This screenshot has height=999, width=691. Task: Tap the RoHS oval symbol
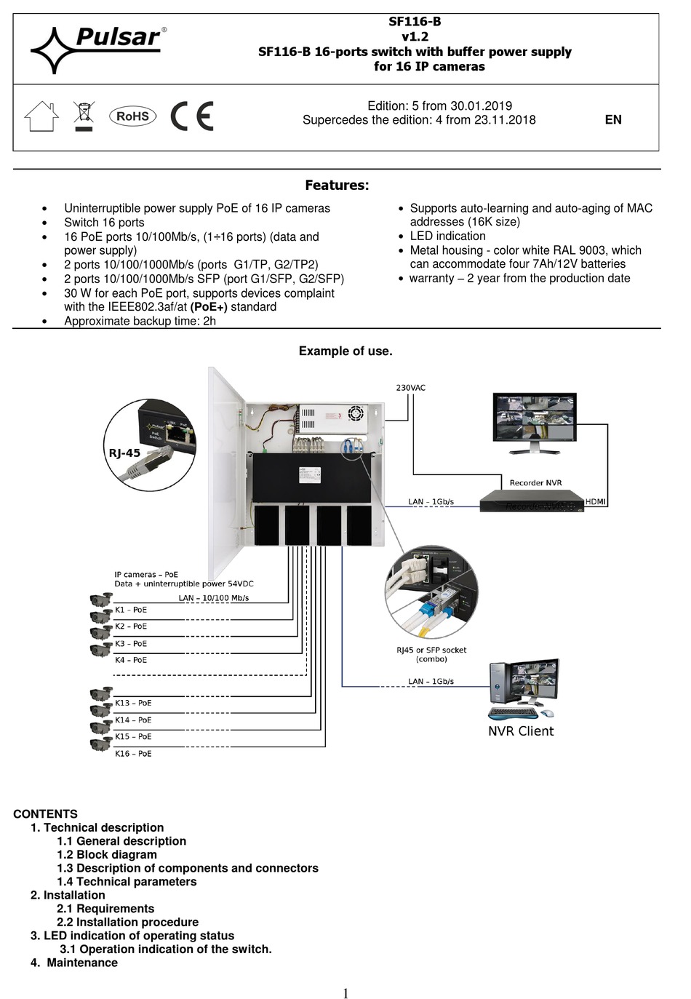click(132, 116)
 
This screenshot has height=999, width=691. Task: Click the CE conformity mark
click(192, 116)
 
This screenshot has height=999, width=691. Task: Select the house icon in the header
click(41, 116)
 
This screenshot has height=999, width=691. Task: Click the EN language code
click(613, 120)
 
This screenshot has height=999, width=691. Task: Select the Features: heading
click(337, 186)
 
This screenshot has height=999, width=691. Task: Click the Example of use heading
click(345, 351)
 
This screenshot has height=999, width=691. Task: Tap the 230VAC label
click(410, 388)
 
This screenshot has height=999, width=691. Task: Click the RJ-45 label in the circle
click(124, 453)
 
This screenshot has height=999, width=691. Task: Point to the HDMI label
click(595, 501)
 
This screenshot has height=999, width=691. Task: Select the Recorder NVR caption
click(535, 482)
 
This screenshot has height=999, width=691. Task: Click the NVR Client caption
click(521, 731)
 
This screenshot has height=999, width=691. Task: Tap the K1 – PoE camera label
click(131, 610)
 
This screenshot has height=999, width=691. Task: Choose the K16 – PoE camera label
click(133, 754)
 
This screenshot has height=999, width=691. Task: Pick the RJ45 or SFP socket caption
click(431, 654)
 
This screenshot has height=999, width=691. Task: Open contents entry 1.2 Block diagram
click(107, 855)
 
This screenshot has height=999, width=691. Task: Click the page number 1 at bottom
click(345, 993)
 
